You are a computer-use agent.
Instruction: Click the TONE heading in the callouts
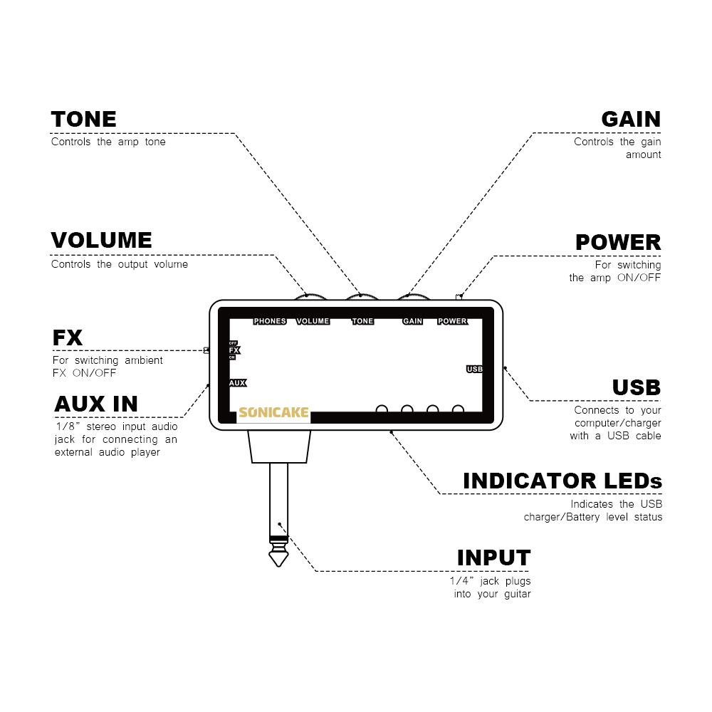click(83, 119)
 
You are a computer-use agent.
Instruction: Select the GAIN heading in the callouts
click(630, 119)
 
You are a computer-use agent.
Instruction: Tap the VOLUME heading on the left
click(101, 241)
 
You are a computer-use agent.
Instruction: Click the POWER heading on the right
click(617, 243)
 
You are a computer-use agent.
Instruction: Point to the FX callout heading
click(68, 337)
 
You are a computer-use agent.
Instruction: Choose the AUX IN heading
click(96, 404)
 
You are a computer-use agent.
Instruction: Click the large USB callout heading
click(636, 387)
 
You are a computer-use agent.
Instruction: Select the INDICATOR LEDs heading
click(562, 481)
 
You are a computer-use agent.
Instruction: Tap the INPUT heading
click(493, 557)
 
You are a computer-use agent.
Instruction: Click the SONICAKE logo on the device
click(274, 413)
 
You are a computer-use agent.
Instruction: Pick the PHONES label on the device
click(270, 321)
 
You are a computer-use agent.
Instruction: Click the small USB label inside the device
click(475, 369)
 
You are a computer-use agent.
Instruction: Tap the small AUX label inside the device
click(237, 383)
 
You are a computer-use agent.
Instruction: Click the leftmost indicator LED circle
click(382, 410)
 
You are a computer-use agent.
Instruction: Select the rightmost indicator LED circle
click(459, 410)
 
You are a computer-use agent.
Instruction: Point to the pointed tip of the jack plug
click(279, 562)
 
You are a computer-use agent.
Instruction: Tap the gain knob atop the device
click(412, 296)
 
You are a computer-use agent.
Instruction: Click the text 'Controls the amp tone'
click(108, 142)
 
